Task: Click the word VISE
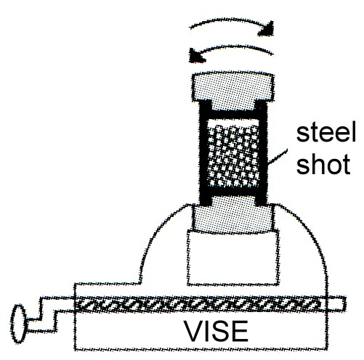click(x=217, y=331)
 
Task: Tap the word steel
click(x=326, y=132)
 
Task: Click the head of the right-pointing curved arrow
click(x=267, y=29)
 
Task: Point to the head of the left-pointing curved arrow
click(x=198, y=56)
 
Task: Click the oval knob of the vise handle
click(x=19, y=324)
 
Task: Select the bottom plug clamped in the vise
click(x=233, y=216)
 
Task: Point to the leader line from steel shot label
click(x=278, y=157)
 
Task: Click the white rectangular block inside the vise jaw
click(x=233, y=258)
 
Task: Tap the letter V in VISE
click(x=194, y=331)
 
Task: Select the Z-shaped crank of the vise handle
click(x=49, y=314)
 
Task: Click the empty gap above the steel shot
click(x=233, y=122)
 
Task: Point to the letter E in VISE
click(x=241, y=331)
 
